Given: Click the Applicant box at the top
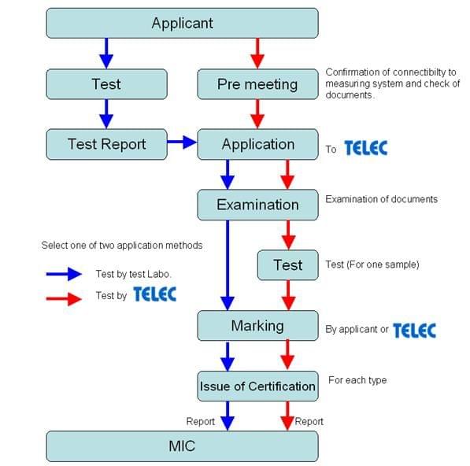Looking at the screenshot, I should tap(182, 23).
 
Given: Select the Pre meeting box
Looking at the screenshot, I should tap(257, 84).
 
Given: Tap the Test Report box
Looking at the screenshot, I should tap(106, 144).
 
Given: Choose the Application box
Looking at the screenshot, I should tap(257, 144).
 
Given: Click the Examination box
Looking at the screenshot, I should tap(257, 205).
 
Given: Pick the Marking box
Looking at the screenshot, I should tap(257, 325).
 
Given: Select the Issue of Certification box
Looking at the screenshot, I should tap(257, 386).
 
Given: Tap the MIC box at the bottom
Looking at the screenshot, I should tap(182, 446).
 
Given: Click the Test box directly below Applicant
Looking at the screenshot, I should tap(106, 84).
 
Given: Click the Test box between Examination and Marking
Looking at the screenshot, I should tap(287, 265).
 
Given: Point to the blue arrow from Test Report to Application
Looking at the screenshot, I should tap(182, 142).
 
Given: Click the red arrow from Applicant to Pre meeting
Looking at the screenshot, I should tap(257, 53).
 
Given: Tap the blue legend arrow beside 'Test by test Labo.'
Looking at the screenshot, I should tap(64, 273).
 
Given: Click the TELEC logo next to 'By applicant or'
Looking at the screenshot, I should tap(414, 330).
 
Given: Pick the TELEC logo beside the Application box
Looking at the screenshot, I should tap(365, 148).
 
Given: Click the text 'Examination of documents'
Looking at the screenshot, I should tap(381, 199).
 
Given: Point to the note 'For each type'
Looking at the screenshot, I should tap(357, 381).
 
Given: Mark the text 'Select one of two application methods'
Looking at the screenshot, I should tap(122, 246).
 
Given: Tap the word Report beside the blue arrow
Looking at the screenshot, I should tap(200, 422).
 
